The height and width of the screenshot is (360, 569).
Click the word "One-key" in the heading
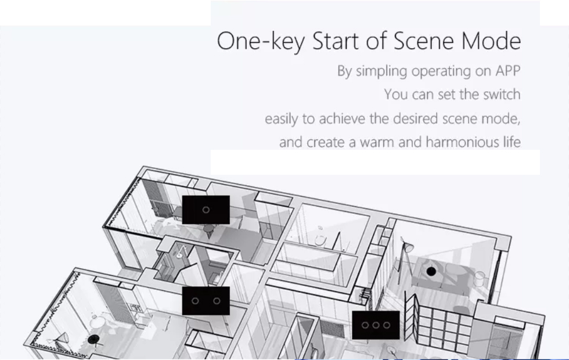[261, 41]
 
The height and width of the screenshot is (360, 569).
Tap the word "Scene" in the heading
[423, 41]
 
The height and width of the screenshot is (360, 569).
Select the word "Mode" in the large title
[491, 41]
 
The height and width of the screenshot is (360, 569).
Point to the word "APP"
[508, 71]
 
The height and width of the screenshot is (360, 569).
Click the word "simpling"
[381, 71]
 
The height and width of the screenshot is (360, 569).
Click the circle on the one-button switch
[206, 210]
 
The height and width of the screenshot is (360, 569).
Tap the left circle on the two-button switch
[195, 301]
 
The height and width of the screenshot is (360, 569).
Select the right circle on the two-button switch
[217, 301]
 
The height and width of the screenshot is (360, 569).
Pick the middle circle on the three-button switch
[376, 325]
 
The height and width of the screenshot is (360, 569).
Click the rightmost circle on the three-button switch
[387, 325]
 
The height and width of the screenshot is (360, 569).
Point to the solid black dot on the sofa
[431, 271]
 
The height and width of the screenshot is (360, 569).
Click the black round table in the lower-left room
[93, 340]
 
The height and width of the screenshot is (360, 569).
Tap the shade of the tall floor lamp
[409, 248]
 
